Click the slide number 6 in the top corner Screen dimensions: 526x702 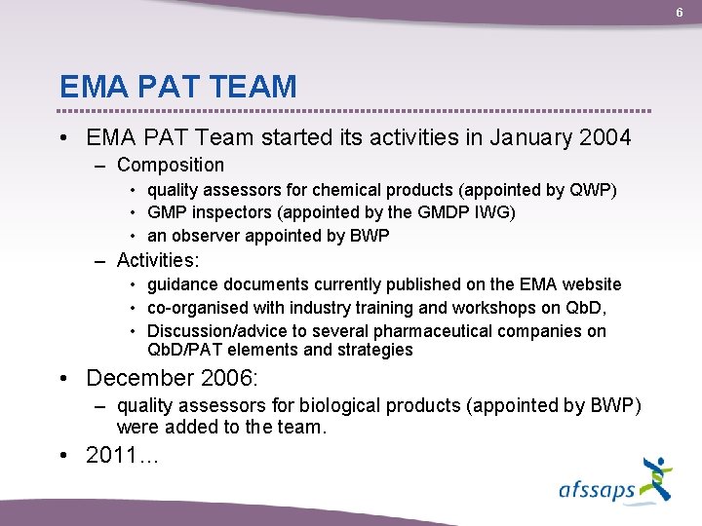pos(681,12)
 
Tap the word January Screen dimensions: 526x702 pos(516,137)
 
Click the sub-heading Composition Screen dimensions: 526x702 pos(170,165)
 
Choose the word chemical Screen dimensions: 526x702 pos(350,189)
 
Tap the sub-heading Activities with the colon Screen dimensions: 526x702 pos(158,260)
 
